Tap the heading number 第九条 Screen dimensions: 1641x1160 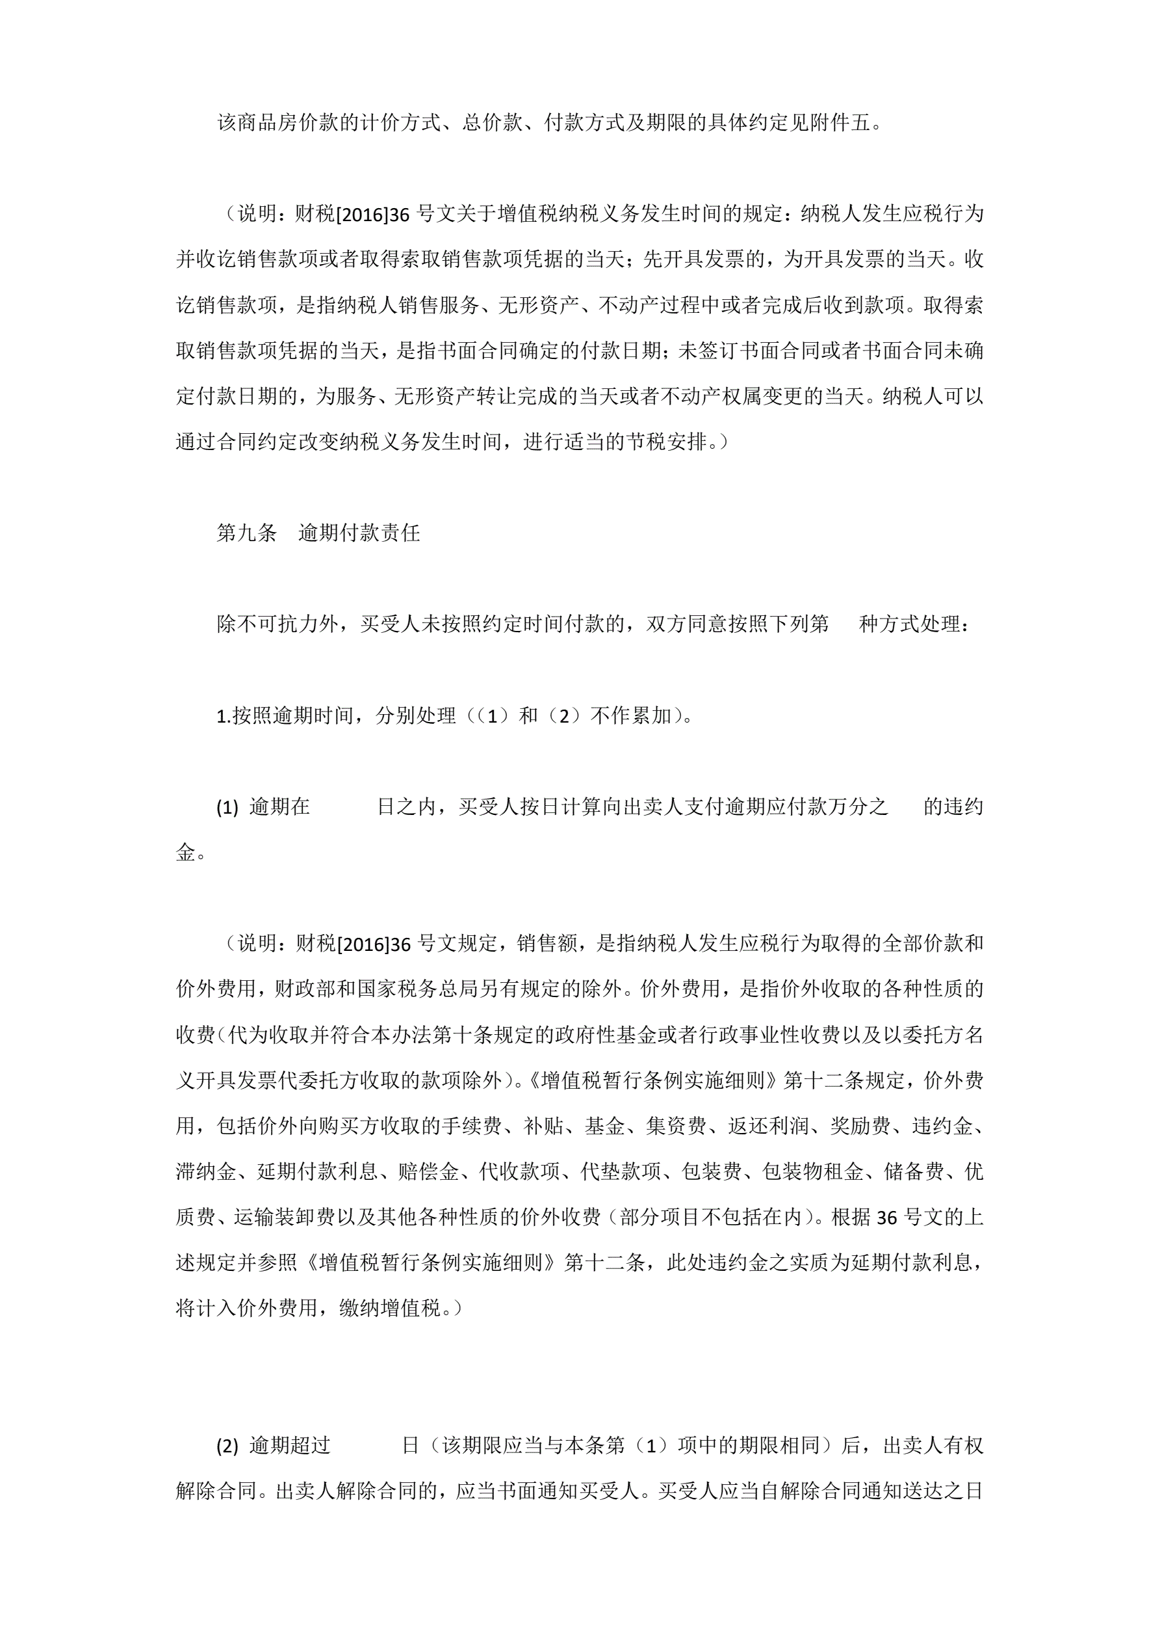[246, 533]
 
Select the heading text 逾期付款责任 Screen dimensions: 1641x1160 [359, 533]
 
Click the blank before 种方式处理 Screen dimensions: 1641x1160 [844, 624]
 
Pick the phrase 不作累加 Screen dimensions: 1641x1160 [632, 715]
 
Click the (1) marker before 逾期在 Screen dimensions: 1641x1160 [227, 807]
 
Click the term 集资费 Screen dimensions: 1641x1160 [676, 1127]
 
